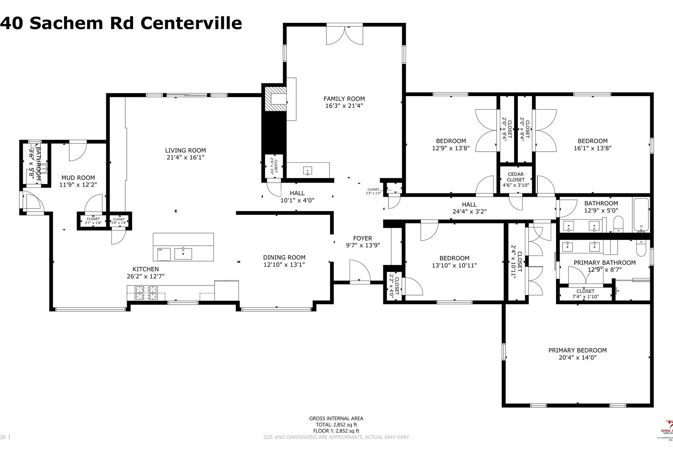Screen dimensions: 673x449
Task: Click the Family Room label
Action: tap(344, 99)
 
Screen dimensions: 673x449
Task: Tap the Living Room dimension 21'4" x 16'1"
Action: tap(185, 158)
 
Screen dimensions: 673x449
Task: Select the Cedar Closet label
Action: tap(516, 177)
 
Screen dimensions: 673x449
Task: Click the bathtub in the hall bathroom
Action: tap(641, 215)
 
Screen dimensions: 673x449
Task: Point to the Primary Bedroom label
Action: tap(577, 351)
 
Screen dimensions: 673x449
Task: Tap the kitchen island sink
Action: tap(183, 254)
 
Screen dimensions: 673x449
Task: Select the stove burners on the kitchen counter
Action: tap(146, 293)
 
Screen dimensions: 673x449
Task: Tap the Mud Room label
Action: tap(78, 178)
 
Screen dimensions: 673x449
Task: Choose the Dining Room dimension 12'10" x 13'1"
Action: tap(284, 265)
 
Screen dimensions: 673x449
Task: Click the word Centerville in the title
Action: tap(191, 23)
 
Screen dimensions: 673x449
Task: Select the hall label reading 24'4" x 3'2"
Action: tap(469, 211)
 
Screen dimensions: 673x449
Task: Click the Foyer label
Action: tap(362, 238)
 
